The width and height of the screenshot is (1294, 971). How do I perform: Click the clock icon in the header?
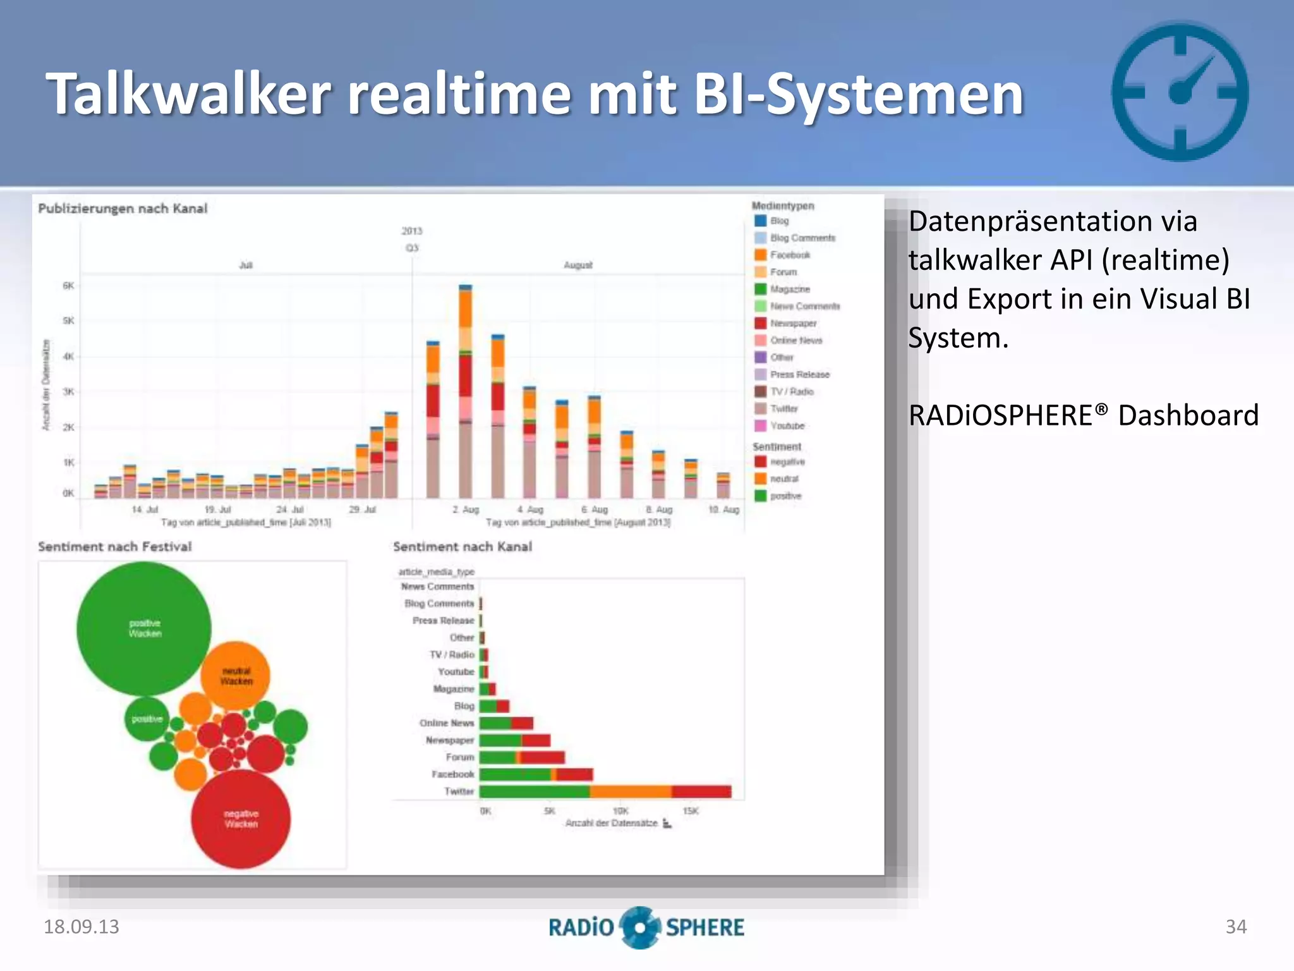pos(1180,92)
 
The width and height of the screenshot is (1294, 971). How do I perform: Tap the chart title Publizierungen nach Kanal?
pos(123,209)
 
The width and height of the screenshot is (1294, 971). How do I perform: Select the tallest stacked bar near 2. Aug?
pos(466,392)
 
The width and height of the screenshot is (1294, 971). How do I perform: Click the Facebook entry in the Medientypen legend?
pos(790,255)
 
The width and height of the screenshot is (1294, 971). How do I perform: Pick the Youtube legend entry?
pos(787,425)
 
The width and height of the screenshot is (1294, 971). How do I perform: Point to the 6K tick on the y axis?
pos(68,286)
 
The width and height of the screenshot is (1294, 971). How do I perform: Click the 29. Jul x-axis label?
pos(363,510)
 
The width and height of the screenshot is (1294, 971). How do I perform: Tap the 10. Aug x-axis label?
pos(724,510)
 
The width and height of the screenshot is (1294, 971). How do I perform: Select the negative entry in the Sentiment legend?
pos(787,461)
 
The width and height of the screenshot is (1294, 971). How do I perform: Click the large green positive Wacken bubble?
pos(144,628)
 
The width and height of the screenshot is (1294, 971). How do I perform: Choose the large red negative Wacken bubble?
pos(241,819)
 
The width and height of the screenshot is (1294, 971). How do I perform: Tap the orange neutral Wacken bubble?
pos(236,676)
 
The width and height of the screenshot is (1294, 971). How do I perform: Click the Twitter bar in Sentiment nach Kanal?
pos(605,791)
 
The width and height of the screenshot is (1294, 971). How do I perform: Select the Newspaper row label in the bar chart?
pos(449,740)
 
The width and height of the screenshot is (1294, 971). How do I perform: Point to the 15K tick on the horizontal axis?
pos(691,811)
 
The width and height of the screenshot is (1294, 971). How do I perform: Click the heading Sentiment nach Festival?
pos(114,547)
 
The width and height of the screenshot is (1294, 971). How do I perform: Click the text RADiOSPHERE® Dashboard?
pos(1083,415)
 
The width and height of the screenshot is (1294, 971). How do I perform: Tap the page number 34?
pos(1236,927)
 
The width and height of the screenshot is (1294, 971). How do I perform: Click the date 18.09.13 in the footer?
pos(81,927)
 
